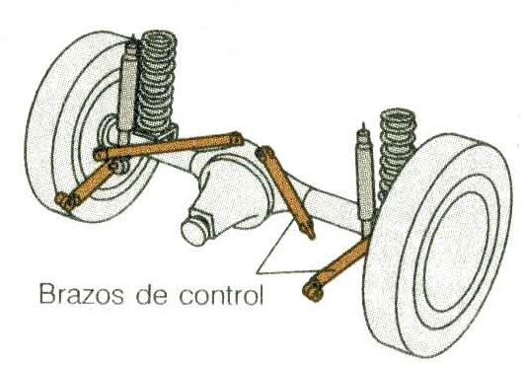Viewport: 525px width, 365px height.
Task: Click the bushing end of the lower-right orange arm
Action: click(x=314, y=290)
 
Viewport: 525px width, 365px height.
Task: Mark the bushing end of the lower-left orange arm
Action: click(x=67, y=202)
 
